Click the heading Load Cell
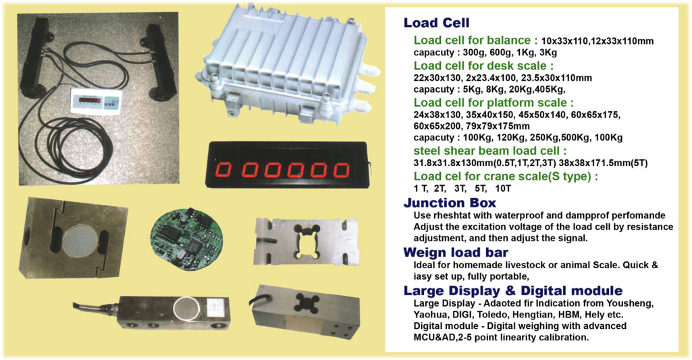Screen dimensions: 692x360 437,22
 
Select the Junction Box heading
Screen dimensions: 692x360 450,203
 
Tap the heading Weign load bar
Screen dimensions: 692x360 456,253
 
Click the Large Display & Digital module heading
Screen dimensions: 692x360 513,290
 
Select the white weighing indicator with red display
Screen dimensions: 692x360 96,102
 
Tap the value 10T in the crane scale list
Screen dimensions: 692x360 503,188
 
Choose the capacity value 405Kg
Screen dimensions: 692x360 549,90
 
